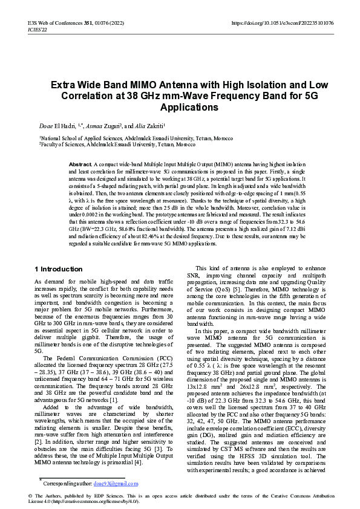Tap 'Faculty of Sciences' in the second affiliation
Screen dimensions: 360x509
pos(59,145)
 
